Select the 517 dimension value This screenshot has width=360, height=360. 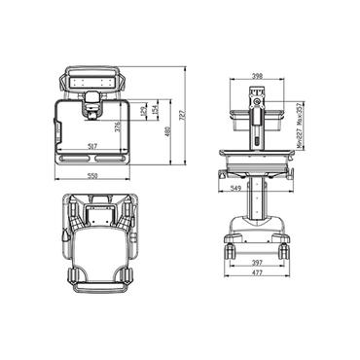pos(91,146)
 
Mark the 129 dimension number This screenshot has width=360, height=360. pos(143,111)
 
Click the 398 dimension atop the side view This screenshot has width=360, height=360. pos(256,76)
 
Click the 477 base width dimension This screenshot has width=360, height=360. pos(256,274)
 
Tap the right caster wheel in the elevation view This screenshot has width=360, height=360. pos(282,250)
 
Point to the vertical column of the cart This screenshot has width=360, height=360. pos(256,199)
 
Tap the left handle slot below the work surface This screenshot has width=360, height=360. pos(72,156)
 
